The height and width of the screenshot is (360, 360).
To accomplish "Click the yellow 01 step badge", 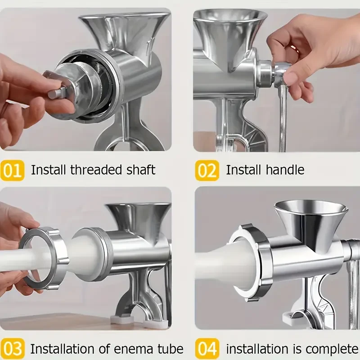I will [x=12, y=170].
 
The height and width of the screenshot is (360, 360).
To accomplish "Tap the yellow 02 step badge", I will [x=207, y=170].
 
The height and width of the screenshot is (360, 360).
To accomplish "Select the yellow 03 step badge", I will [x=12, y=349].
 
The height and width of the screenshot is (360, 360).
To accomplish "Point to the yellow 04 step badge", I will [x=207, y=349].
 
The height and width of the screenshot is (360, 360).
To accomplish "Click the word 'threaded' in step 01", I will [x=96, y=170].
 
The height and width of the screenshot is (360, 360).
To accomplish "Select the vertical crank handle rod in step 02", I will [x=283, y=117].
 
